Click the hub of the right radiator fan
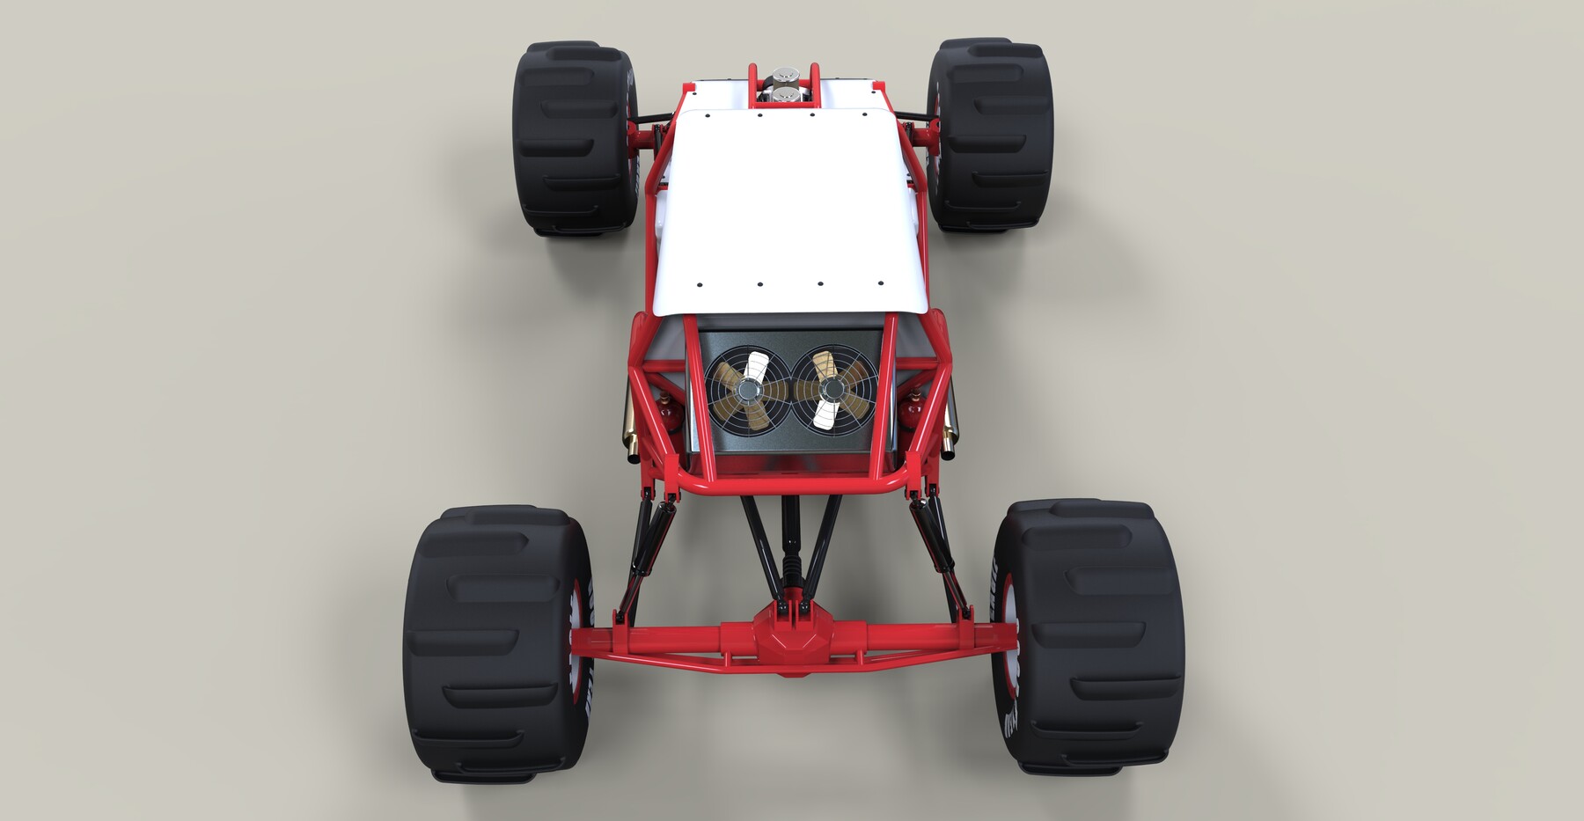pos(828,388)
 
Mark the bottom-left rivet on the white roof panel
pos(699,285)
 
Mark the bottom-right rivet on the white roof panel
pos(881,282)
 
